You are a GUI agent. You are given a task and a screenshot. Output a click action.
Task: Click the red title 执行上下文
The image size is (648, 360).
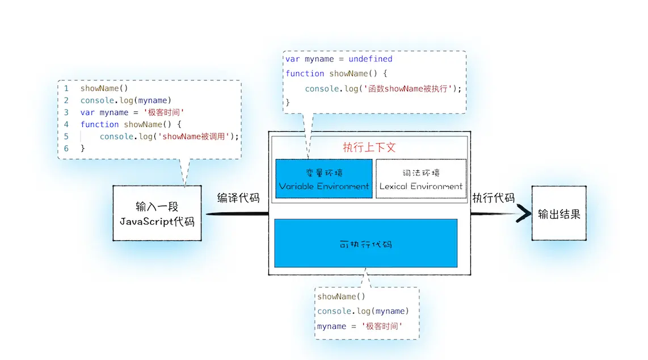tap(369, 147)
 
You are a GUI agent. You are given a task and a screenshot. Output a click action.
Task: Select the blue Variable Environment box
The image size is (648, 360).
tap(324, 179)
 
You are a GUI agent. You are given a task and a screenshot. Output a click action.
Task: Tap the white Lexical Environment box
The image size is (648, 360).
tap(421, 179)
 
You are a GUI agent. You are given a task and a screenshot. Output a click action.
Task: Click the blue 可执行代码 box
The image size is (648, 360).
tap(366, 243)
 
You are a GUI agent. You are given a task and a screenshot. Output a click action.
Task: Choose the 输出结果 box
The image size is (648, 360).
tap(559, 214)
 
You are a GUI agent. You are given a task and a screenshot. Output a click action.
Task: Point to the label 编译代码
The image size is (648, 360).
tap(238, 198)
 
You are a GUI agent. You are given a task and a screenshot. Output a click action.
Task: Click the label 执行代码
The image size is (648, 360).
tap(493, 198)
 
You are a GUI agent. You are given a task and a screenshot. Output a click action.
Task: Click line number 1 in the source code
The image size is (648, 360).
tap(66, 89)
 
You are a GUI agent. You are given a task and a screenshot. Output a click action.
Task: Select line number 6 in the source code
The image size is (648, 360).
tap(66, 148)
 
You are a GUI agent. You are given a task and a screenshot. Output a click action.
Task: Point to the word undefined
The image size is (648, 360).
tap(371, 59)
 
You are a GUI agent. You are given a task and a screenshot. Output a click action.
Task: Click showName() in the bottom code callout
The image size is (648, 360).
tap(341, 296)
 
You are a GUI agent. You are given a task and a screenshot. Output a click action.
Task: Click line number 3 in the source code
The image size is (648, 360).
tap(66, 112)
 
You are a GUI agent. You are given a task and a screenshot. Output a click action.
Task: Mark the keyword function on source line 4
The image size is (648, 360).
tap(100, 124)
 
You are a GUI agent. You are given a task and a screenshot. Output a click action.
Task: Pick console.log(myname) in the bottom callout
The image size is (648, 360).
tap(363, 311)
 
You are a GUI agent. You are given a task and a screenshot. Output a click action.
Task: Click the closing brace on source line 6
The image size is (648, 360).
tap(83, 148)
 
